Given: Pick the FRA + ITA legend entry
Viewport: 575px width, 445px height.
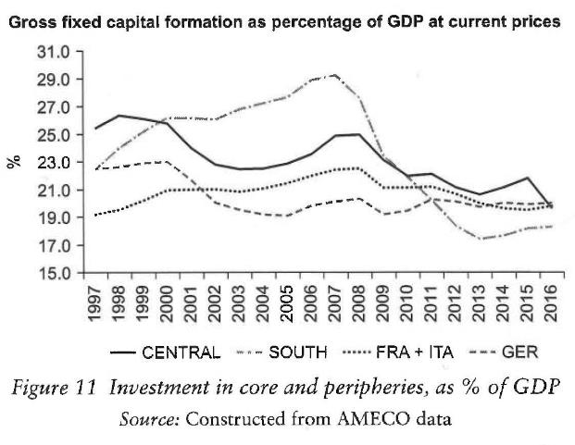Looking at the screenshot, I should pyautogui.click(x=413, y=352).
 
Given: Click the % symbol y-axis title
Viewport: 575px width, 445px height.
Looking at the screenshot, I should pyautogui.click(x=16, y=162).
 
